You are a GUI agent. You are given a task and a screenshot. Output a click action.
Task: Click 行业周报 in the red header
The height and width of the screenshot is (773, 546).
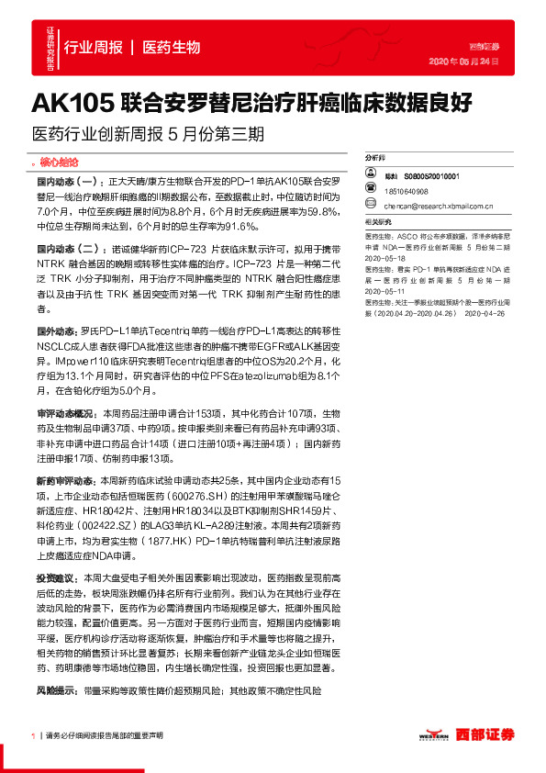click(x=93, y=46)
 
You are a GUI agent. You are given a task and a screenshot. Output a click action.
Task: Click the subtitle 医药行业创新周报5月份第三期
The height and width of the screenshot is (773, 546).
click(x=147, y=134)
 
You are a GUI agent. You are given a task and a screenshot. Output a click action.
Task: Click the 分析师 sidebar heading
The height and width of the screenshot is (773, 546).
click(x=375, y=158)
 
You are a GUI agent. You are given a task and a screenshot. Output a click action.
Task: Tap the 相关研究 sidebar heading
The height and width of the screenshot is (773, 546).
click(x=378, y=223)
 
